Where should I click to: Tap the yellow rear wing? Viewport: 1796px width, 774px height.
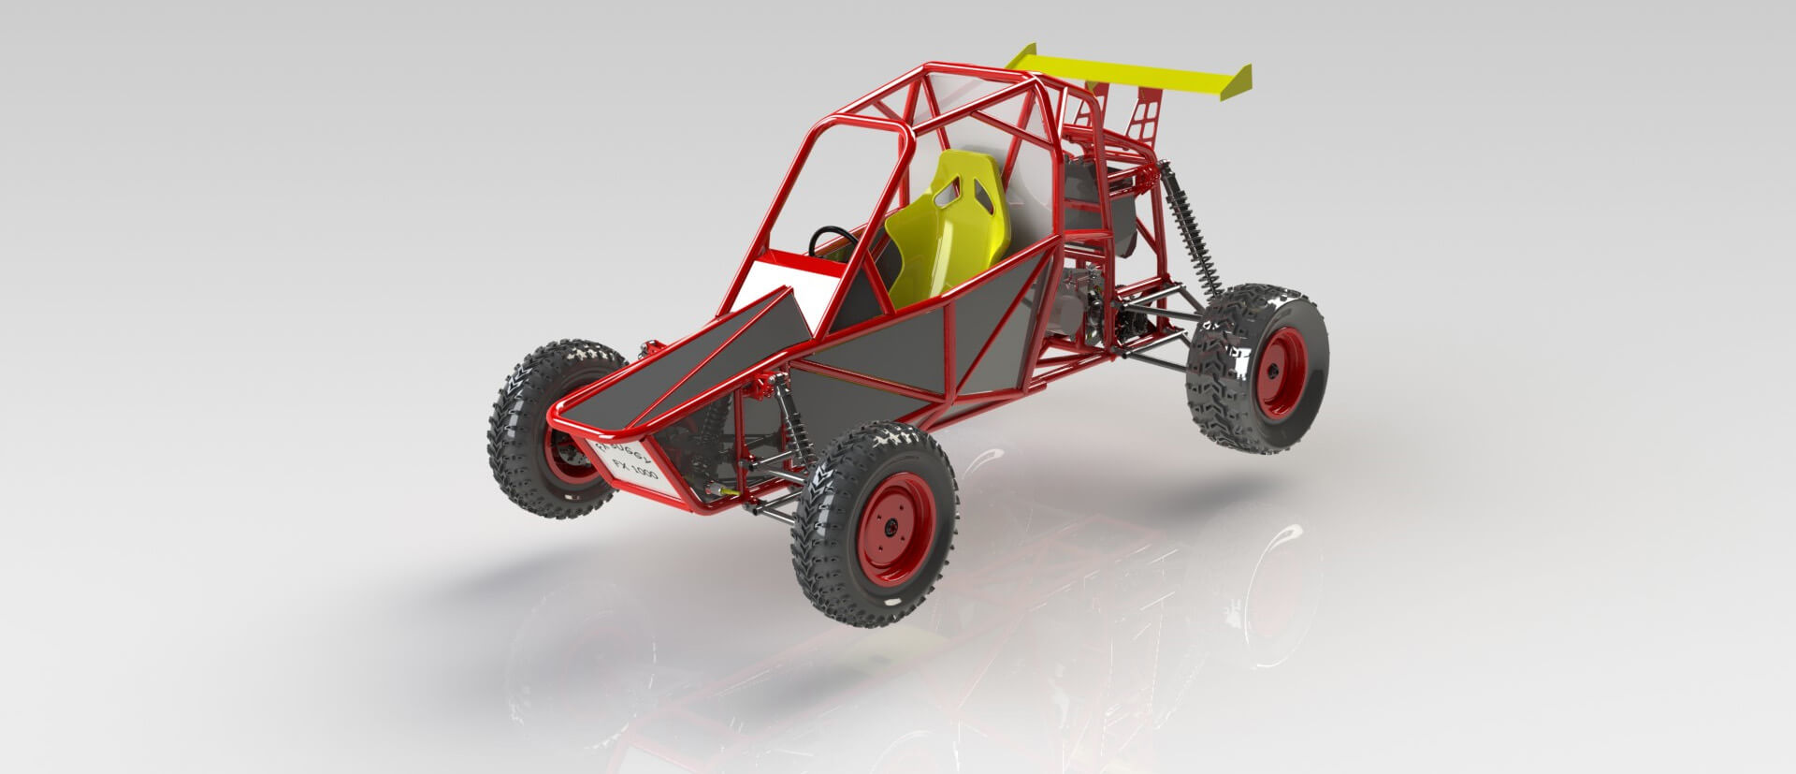click(x=1122, y=71)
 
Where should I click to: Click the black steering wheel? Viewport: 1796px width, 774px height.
click(x=823, y=241)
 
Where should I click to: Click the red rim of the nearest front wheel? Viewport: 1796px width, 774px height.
click(x=895, y=529)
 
